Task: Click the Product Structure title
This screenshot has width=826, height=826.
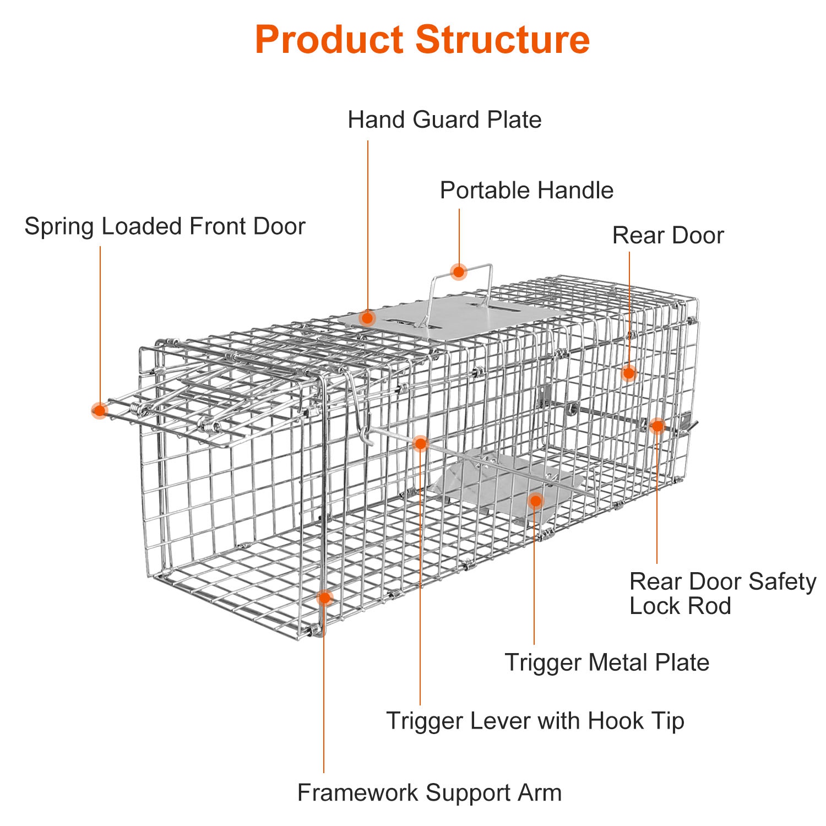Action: click(x=422, y=40)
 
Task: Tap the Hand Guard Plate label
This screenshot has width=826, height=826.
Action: click(x=444, y=119)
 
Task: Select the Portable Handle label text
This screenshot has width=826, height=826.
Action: click(x=526, y=191)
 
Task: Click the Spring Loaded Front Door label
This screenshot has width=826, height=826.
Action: click(x=165, y=226)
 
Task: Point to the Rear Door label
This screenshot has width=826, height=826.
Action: click(x=668, y=235)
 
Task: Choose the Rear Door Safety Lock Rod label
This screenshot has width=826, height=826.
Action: click(x=722, y=594)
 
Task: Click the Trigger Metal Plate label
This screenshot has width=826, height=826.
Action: click(x=607, y=662)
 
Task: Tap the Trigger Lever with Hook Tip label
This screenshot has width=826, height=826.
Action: click(x=535, y=721)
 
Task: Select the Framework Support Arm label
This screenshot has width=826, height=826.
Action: click(x=430, y=793)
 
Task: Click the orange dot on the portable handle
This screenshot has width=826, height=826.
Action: click(x=459, y=271)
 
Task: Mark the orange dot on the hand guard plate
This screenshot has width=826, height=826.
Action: click(x=368, y=318)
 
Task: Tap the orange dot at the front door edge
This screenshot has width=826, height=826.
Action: click(x=100, y=410)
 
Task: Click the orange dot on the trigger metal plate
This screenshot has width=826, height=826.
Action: click(x=535, y=501)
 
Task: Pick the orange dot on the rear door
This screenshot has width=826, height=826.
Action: click(x=629, y=373)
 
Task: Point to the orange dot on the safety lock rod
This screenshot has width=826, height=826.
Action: click(x=657, y=426)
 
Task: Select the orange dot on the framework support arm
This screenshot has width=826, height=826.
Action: click(x=324, y=597)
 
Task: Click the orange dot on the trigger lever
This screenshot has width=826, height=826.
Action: click(x=420, y=443)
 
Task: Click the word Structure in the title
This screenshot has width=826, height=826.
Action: click(x=503, y=40)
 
